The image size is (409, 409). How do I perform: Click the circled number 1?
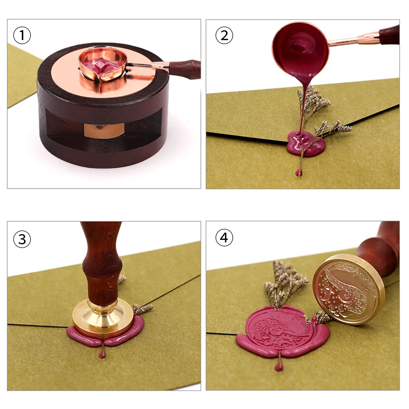coord(22,36)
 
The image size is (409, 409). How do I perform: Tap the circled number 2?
coord(224,36)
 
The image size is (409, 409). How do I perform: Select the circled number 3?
coord(22,239)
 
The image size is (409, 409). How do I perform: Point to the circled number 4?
coord(224,238)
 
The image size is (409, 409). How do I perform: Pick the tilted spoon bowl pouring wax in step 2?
coord(300,49)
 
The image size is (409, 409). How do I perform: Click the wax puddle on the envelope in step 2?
coord(306,143)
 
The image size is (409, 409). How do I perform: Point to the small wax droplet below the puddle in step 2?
coord(298,172)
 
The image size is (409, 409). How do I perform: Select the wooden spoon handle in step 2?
coord(389,35)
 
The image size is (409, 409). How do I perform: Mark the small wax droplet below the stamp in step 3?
coord(102,353)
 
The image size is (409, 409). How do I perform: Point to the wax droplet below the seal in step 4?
coord(279,366)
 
